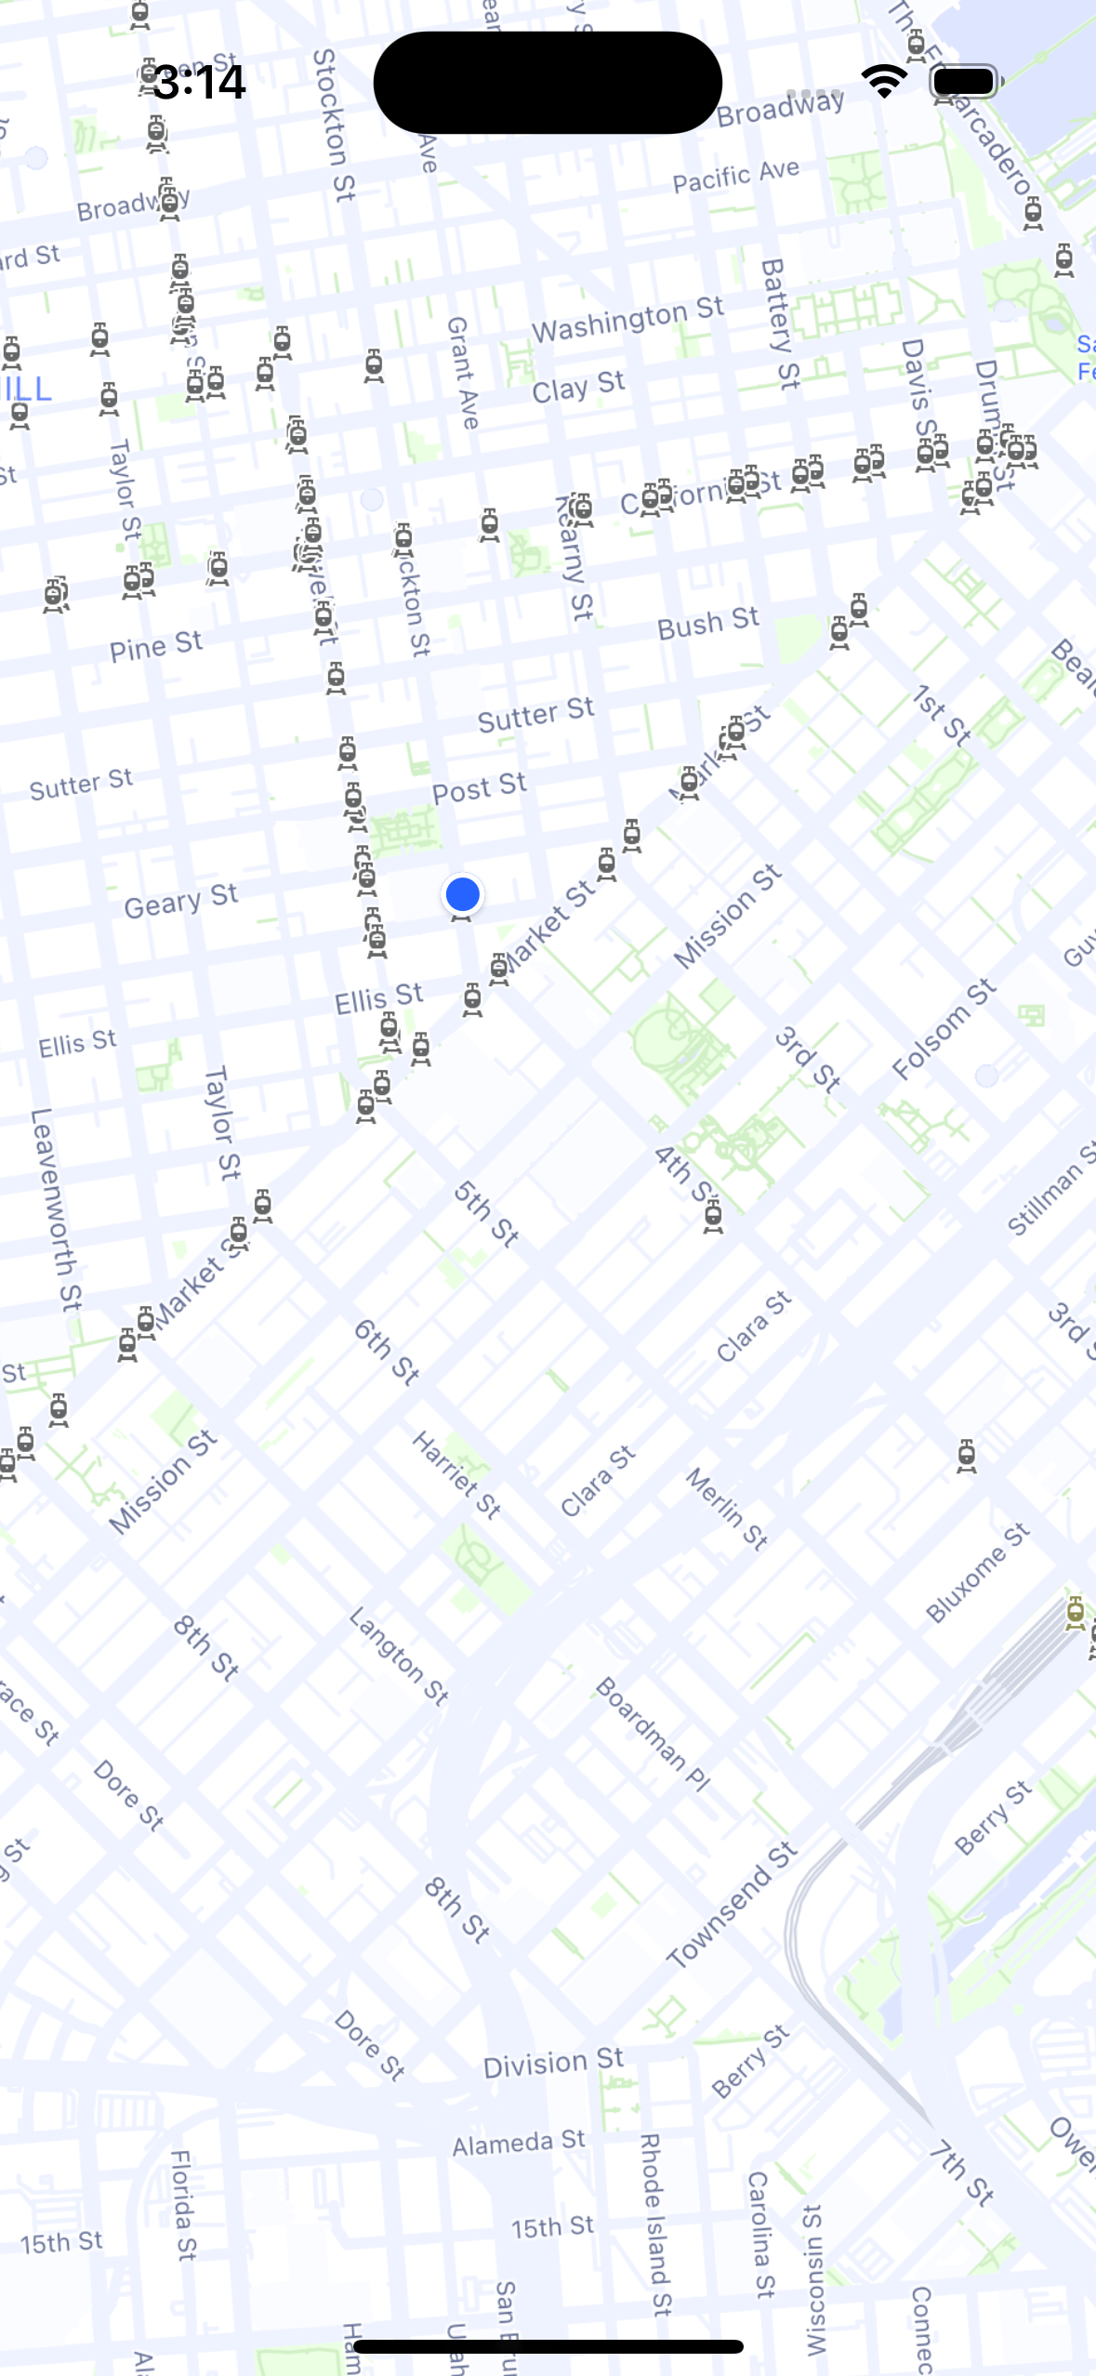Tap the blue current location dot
[462, 894]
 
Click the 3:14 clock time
[199, 82]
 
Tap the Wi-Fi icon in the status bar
[884, 82]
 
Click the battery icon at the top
[965, 82]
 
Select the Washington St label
[627, 320]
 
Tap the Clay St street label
[578, 386]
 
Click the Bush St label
[707, 624]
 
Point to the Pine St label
[155, 645]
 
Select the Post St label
[479, 788]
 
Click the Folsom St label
[943, 1030]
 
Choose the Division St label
[553, 2063]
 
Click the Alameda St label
[519, 2143]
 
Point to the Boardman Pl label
[652, 1735]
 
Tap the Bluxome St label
[977, 1574]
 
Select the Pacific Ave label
[735, 175]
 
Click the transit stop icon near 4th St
[713, 1214]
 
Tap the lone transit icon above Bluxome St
[967, 1456]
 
